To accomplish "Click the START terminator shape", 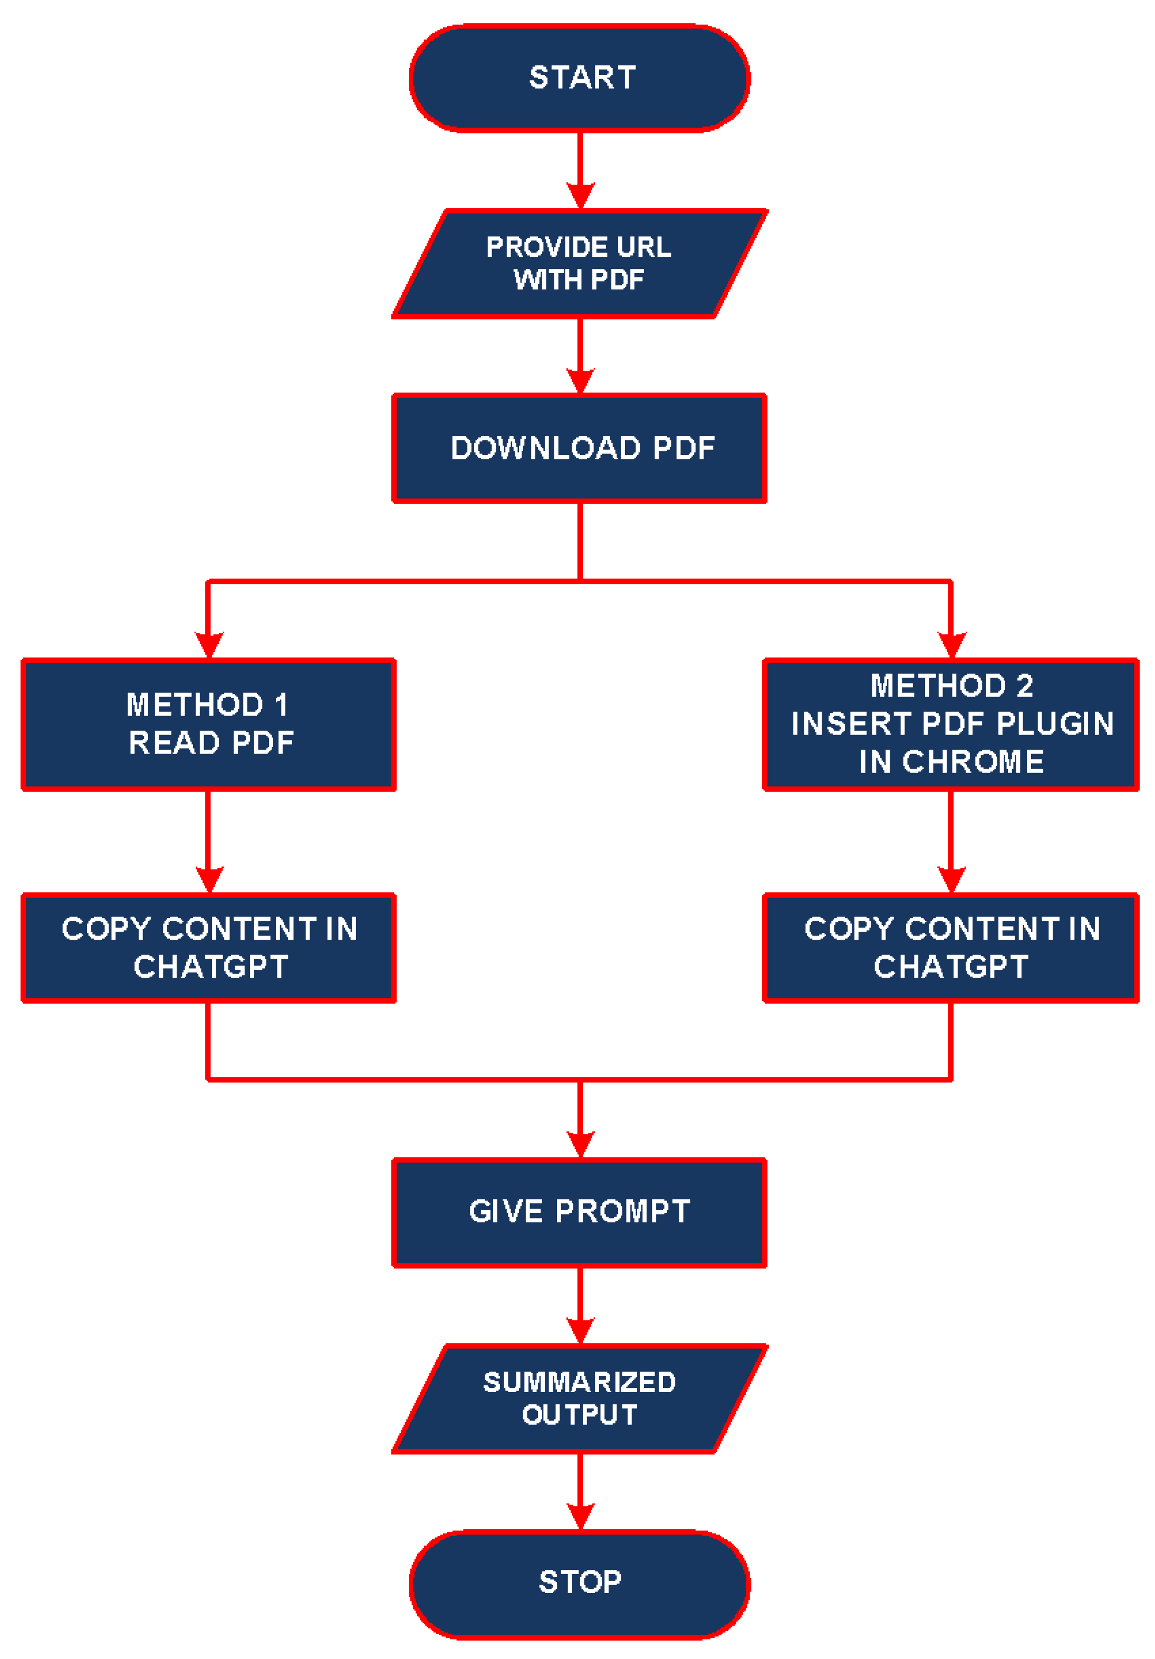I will pos(579,78).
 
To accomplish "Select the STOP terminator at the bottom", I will pos(579,1583).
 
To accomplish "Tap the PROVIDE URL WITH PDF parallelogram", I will pos(579,263).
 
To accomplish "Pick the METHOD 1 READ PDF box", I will pos(208,724).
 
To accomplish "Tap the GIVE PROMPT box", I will pos(579,1212).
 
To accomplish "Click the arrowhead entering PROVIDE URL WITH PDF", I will pos(580,195).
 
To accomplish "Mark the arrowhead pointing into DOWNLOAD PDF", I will pos(580,380).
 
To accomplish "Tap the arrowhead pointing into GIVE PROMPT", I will pos(580,1144).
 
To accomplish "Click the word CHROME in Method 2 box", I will pos(973,761).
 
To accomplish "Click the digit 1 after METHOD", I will pos(281,705).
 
